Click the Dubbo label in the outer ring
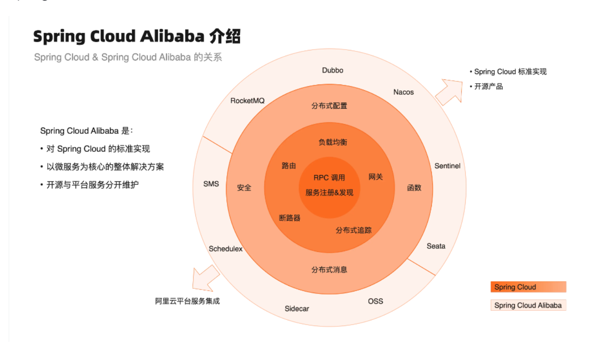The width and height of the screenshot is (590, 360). click(333, 70)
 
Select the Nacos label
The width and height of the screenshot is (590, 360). click(403, 92)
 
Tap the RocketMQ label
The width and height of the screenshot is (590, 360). click(247, 101)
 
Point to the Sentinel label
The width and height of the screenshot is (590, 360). click(447, 166)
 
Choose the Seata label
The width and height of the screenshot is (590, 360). click(436, 246)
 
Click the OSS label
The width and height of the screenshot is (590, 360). click(375, 301)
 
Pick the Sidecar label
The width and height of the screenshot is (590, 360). click(297, 309)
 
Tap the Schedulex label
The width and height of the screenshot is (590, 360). click(226, 249)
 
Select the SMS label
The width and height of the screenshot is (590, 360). click(211, 184)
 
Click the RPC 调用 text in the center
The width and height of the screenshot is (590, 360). click(329, 178)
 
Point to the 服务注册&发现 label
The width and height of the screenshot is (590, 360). click(329, 193)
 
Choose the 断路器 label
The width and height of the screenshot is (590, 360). click(289, 218)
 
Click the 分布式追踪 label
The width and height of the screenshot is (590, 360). click(353, 230)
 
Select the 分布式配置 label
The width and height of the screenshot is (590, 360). click(329, 106)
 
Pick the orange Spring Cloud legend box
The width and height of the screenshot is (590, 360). click(528, 287)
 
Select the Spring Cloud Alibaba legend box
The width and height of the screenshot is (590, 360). click(528, 305)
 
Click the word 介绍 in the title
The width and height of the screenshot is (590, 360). click(225, 37)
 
